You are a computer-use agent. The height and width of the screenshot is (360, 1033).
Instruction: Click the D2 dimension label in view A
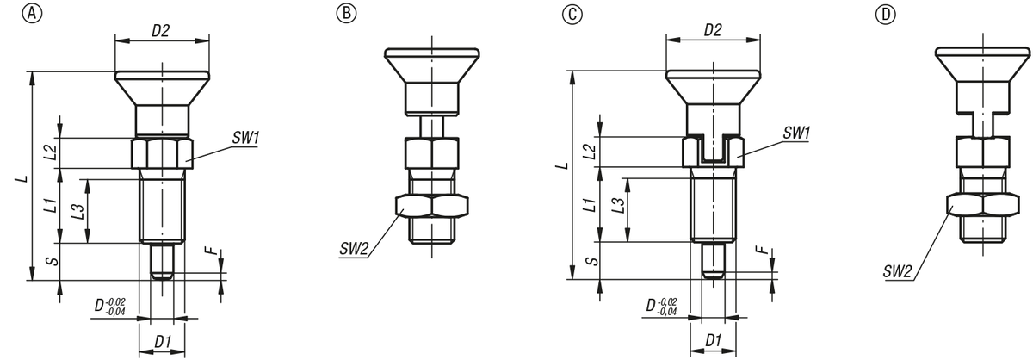point(161,31)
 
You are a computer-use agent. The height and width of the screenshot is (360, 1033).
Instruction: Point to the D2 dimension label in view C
point(712,31)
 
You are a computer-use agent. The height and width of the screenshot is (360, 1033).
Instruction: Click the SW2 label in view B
point(355,251)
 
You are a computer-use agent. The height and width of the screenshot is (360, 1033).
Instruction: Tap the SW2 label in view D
point(898,272)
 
